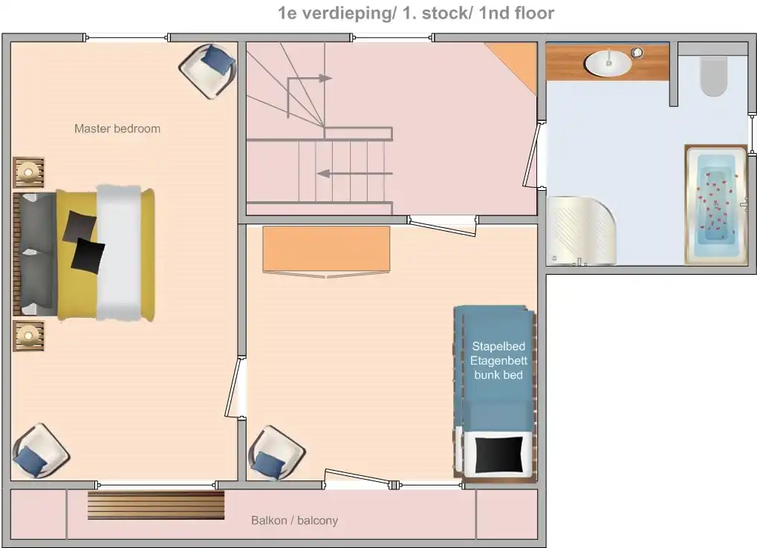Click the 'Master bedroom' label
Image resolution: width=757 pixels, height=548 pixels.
(117, 128)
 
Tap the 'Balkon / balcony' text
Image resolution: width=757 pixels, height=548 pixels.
(294, 521)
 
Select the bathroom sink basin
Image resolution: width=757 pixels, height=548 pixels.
(608, 63)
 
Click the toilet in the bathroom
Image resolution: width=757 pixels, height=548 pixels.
(714, 76)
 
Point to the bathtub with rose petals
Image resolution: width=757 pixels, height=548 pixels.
(716, 204)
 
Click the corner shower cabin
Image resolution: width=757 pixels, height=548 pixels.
(581, 231)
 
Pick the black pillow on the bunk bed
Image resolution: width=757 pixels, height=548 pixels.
(498, 455)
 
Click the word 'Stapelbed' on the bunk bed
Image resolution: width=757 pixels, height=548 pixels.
(498, 346)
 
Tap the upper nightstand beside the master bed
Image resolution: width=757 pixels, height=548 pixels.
(29, 172)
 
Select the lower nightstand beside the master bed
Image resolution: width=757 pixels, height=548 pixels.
(29, 336)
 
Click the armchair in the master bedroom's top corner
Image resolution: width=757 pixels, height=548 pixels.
(207, 71)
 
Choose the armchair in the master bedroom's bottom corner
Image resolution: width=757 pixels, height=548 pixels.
(41, 451)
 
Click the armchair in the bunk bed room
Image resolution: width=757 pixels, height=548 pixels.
(276, 453)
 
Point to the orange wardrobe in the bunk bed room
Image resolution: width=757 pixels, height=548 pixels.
(326, 250)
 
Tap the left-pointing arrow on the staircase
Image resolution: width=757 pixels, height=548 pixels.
(354, 173)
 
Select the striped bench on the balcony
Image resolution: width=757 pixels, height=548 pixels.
(156, 505)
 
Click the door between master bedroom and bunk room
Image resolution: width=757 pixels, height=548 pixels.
(236, 387)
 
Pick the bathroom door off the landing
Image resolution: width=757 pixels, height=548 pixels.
(534, 155)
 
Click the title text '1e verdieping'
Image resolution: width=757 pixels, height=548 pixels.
(335, 13)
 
